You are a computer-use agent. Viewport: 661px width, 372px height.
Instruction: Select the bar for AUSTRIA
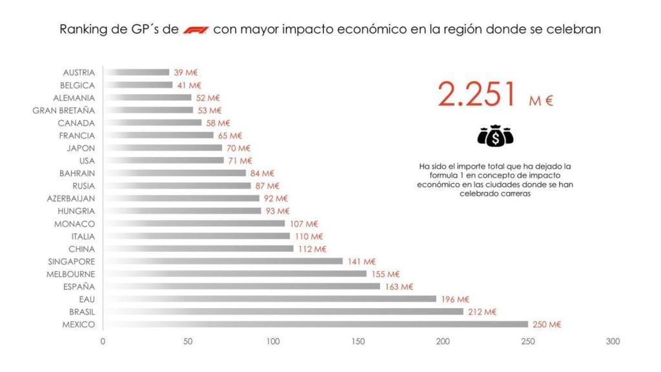(x=136, y=72)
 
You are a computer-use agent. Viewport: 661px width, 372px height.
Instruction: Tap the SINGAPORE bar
(x=223, y=262)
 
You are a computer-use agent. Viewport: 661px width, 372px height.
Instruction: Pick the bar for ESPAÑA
(x=241, y=287)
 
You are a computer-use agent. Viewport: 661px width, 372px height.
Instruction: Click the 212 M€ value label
(x=482, y=312)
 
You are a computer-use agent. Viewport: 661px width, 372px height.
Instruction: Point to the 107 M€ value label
(x=303, y=224)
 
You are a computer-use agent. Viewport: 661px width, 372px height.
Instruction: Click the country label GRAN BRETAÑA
(x=63, y=110)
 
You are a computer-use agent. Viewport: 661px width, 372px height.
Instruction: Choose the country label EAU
(x=87, y=299)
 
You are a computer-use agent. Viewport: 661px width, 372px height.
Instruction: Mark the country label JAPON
(x=81, y=148)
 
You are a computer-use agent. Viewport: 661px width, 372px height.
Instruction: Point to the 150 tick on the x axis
(x=358, y=341)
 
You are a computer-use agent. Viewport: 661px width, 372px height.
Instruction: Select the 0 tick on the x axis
(x=103, y=341)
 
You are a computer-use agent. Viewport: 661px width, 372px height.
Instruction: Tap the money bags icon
(x=495, y=136)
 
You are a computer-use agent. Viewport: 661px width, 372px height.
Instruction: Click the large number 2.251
(x=478, y=95)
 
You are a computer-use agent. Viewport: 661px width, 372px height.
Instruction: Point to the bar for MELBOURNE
(x=234, y=274)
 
